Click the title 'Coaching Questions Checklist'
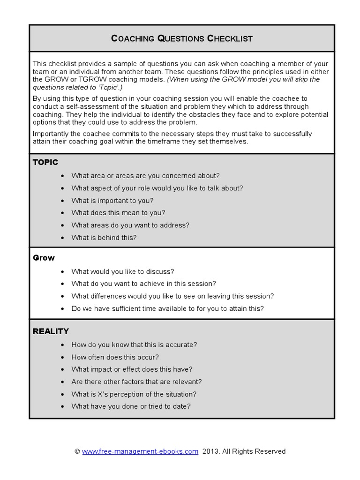[x=182, y=38]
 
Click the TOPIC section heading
[x=45, y=162]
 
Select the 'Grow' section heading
[x=44, y=258]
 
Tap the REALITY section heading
[x=51, y=331]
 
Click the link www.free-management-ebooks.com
[x=140, y=451]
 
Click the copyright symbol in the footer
[x=77, y=451]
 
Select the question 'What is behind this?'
[x=104, y=238]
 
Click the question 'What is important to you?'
[x=112, y=201]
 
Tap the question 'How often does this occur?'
[x=115, y=357]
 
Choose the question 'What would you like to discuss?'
[x=123, y=271]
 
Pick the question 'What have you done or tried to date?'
[x=131, y=406]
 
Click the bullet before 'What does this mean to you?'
[x=63, y=213]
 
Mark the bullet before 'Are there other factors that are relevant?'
[x=63, y=382]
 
